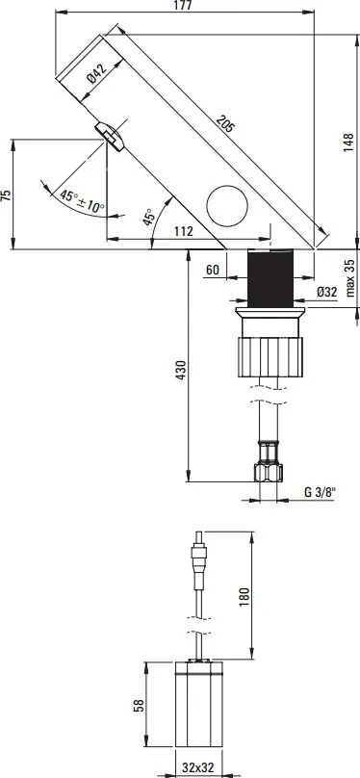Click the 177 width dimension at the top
point(186,7)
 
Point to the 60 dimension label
point(213,272)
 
